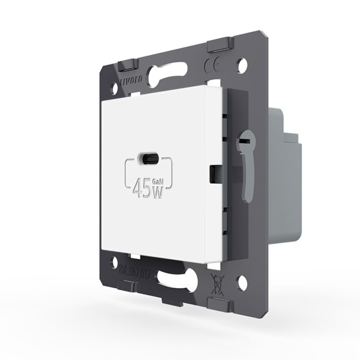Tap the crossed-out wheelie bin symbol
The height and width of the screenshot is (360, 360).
point(218,281)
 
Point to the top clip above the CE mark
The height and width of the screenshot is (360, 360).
point(220,45)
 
